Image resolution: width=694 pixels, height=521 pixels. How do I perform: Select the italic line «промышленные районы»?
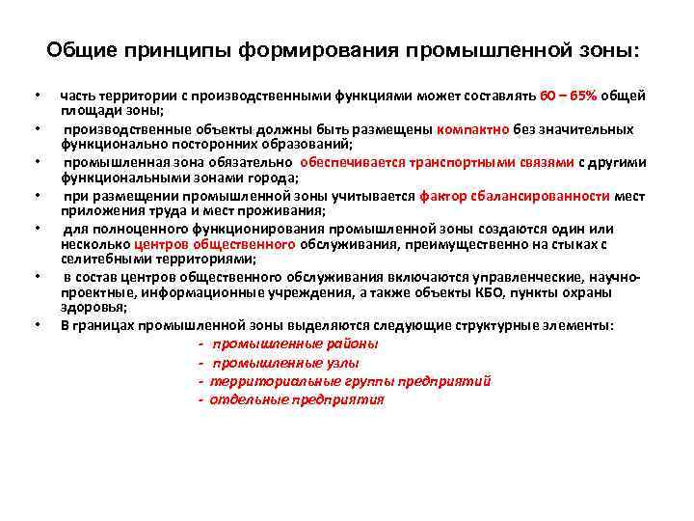[x=295, y=343]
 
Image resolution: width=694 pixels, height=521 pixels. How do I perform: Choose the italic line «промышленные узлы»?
[x=285, y=363]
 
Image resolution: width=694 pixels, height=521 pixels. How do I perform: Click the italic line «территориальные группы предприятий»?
[x=351, y=381]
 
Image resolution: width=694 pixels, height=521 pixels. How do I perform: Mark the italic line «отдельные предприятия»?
[x=297, y=399]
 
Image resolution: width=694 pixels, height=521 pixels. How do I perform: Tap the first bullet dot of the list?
[x=36, y=96]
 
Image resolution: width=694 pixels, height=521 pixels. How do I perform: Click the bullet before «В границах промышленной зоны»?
[x=36, y=326]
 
